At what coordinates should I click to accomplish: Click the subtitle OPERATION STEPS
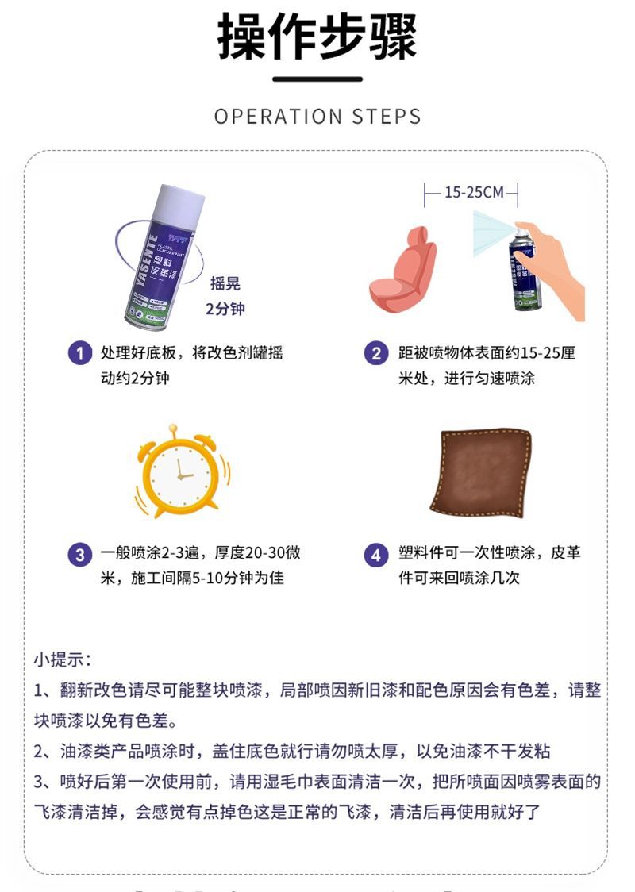click(x=317, y=117)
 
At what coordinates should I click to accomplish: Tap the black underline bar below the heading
click(x=317, y=79)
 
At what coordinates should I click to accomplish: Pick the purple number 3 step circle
click(x=79, y=555)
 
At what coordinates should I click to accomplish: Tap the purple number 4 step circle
click(x=375, y=555)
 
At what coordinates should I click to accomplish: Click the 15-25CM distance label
click(x=474, y=192)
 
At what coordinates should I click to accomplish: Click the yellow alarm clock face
click(x=179, y=474)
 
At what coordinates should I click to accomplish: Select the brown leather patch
click(x=480, y=470)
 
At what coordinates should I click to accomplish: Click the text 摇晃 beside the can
click(x=225, y=284)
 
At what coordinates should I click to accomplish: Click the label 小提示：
click(x=63, y=659)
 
